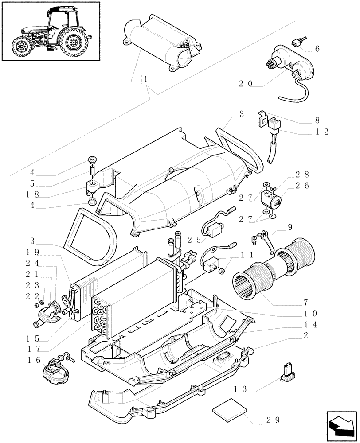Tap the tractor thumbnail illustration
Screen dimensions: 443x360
[x=50, y=31]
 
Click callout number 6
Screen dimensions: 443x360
[x=317, y=49]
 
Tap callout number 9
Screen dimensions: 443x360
[x=290, y=228]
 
